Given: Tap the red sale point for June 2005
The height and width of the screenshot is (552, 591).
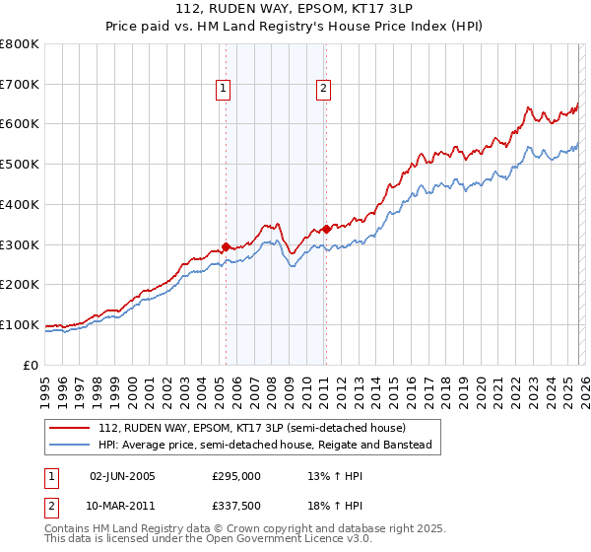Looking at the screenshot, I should (226, 246).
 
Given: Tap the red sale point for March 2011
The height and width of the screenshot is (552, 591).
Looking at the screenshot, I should (326, 229).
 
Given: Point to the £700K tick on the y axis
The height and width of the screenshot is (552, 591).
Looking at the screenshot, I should (20, 84).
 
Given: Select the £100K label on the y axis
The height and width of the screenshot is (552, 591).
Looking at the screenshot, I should (20, 324).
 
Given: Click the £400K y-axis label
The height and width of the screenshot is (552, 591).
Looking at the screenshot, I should (20, 204).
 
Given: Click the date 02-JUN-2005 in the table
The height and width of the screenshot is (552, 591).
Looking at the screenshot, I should (122, 476).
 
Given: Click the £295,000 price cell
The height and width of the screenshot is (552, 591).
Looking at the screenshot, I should (236, 476).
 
